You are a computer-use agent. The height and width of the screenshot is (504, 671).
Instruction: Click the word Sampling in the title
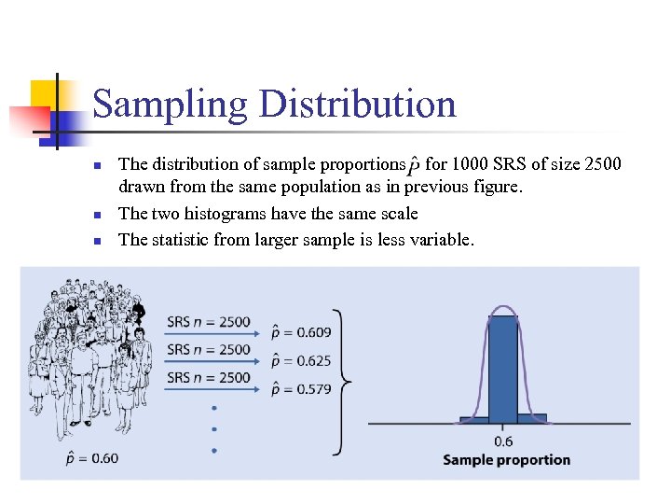point(171,105)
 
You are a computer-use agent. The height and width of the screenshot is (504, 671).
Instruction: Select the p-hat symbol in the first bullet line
point(413,166)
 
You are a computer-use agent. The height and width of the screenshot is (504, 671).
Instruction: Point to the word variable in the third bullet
point(438,240)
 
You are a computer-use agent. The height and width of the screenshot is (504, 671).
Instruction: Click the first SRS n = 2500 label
point(209,322)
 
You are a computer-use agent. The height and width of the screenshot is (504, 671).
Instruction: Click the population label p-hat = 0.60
point(92,457)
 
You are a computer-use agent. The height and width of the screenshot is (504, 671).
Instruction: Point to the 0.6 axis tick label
point(503,441)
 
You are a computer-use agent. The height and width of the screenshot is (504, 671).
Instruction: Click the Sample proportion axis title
point(506,459)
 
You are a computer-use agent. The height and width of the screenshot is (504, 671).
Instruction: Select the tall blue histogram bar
point(503,369)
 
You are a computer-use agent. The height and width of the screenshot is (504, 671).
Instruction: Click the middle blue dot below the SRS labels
point(214,429)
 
